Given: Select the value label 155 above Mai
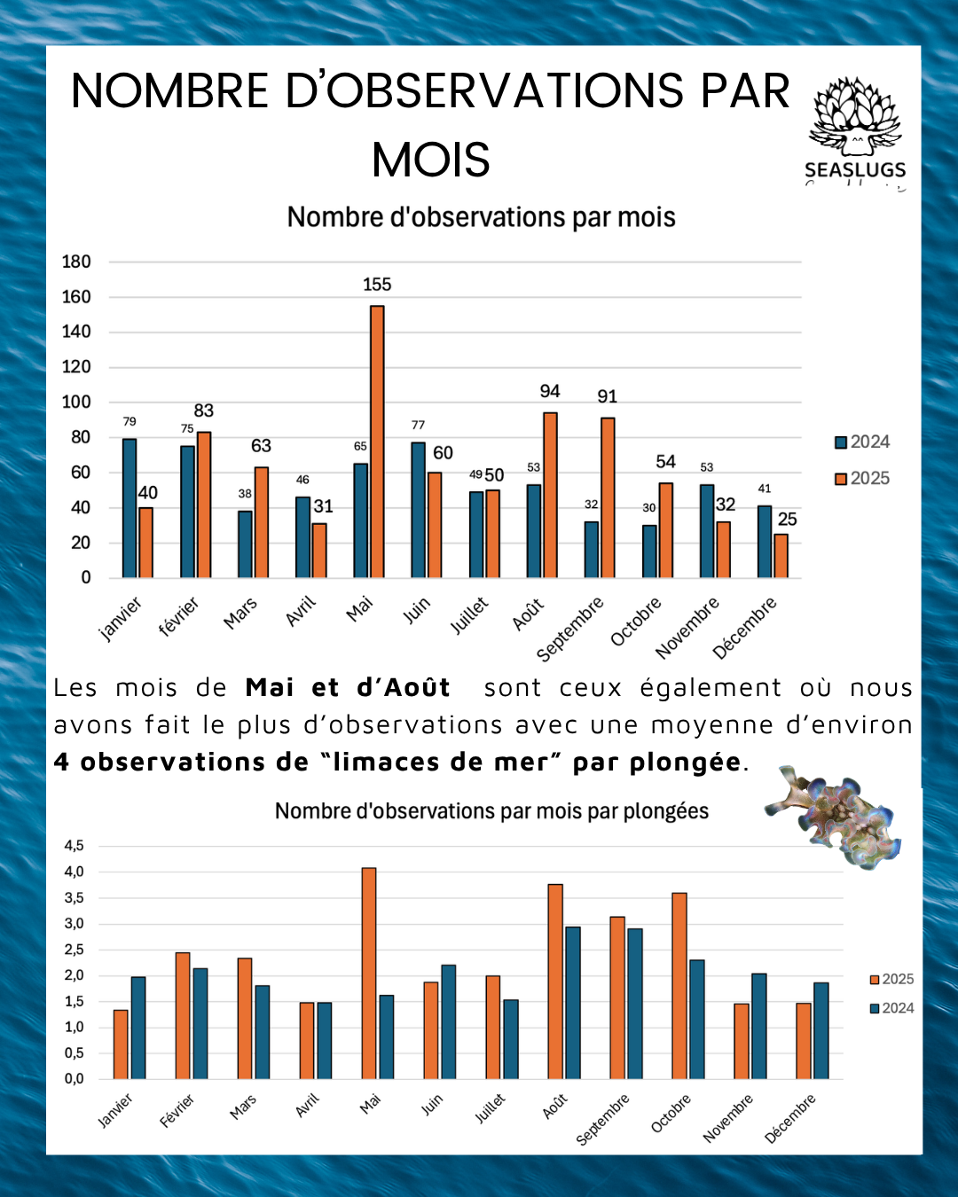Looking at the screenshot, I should [x=377, y=285].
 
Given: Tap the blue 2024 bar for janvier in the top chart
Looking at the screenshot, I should [x=130, y=508].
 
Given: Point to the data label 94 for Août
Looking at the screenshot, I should [x=550, y=391].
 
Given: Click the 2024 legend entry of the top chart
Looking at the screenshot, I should [x=862, y=442].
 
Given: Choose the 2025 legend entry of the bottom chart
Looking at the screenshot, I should [x=891, y=979].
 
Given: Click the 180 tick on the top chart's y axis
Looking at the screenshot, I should [x=76, y=262].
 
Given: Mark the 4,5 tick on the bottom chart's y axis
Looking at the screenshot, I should [x=74, y=846].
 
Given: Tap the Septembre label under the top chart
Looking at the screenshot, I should [x=569, y=629].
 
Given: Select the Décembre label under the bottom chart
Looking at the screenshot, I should [x=789, y=1119].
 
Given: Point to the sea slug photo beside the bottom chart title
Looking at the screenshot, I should [x=834, y=817].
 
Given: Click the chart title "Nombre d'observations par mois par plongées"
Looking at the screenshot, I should [x=491, y=811].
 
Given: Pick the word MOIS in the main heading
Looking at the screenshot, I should [x=431, y=160].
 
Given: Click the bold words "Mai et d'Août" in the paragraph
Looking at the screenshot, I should [x=348, y=688].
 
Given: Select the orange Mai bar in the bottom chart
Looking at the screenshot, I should [x=369, y=973].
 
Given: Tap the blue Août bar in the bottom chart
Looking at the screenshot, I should [x=573, y=1003].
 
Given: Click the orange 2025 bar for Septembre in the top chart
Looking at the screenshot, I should [x=608, y=497].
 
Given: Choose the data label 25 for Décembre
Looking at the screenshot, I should [x=788, y=520].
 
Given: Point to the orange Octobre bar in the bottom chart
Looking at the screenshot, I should [x=679, y=985].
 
